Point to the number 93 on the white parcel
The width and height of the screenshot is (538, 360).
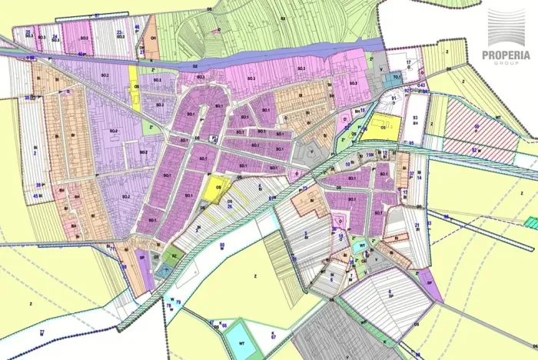(x=414, y=117)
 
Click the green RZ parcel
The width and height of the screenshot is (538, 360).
(x=174, y=256)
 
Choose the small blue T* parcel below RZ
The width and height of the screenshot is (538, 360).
(x=163, y=271)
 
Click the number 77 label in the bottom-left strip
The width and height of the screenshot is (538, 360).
(x=42, y=331)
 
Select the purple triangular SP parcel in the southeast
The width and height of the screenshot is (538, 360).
(x=430, y=286)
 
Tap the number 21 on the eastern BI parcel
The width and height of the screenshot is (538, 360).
(x=417, y=225)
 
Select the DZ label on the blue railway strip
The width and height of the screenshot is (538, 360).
(x=195, y=67)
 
